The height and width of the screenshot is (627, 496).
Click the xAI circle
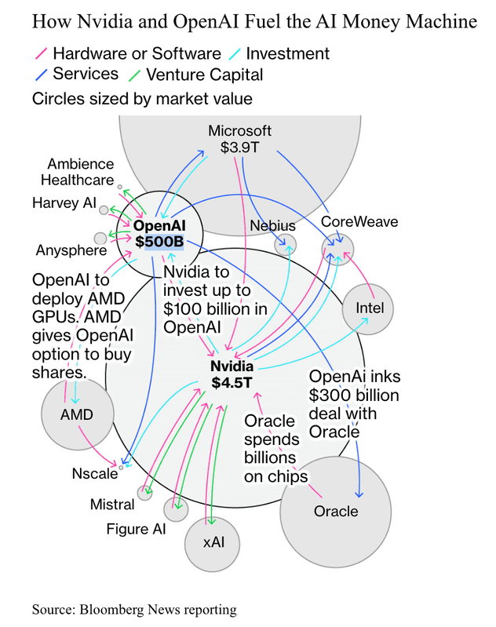point(213,542)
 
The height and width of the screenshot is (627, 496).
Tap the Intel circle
point(370,308)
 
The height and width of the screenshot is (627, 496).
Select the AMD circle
point(77,414)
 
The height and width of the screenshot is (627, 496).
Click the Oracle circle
point(336,511)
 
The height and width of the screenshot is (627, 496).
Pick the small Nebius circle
point(286,244)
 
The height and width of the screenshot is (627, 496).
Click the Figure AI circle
point(177,509)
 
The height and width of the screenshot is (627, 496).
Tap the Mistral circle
point(144,493)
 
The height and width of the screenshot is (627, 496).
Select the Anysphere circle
point(100,238)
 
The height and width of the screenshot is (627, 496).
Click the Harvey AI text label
point(64,203)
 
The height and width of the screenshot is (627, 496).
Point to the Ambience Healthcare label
point(82,172)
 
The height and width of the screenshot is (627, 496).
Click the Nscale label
point(94,473)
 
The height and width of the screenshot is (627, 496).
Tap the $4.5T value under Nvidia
point(232,383)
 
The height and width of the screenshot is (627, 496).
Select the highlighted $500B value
point(159,242)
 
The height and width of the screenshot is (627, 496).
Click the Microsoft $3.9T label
point(240,139)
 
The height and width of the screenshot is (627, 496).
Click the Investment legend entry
point(287,54)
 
